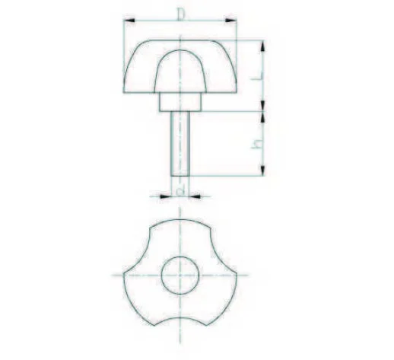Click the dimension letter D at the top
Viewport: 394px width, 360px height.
tap(180, 13)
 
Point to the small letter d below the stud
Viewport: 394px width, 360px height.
tap(180, 190)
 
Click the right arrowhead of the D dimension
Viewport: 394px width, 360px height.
tap(235, 21)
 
